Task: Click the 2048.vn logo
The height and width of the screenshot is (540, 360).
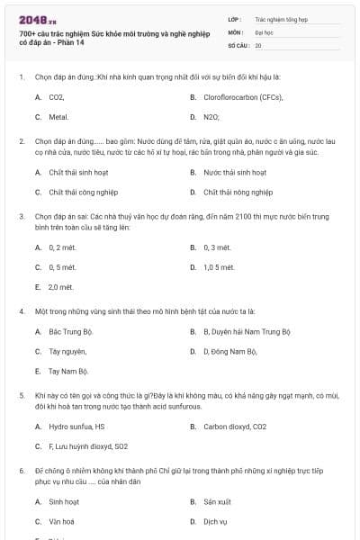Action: pyautogui.click(x=32, y=20)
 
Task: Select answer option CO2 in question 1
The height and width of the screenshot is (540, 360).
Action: pyautogui.click(x=56, y=96)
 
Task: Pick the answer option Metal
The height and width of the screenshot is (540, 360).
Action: pyautogui.click(x=58, y=117)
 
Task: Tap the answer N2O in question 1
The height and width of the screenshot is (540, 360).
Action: pyautogui.click(x=211, y=117)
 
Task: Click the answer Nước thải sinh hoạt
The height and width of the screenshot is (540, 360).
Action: pyautogui.click(x=235, y=172)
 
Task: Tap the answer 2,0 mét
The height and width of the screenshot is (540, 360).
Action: pyautogui.click(x=60, y=287)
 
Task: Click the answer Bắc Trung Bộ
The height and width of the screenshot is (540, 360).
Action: pyautogui.click(x=70, y=331)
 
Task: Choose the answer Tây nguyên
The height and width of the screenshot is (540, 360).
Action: pyautogui.click(x=67, y=351)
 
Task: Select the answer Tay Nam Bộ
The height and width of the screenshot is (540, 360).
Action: pyautogui.click(x=68, y=371)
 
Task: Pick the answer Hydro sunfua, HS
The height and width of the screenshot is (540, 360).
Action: pyautogui.click(x=76, y=427)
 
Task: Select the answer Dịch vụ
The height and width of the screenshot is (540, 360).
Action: pyautogui.click(x=215, y=521)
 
